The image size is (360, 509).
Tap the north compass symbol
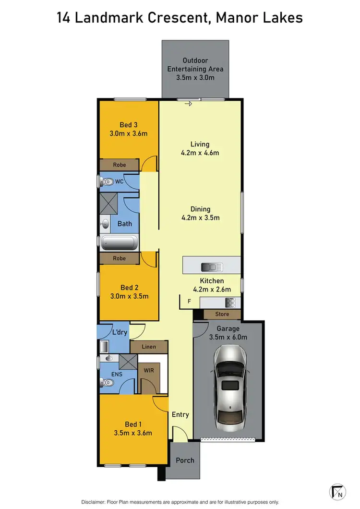pyautogui.click(x=338, y=491)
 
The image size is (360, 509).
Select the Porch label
pyautogui.click(x=185, y=460)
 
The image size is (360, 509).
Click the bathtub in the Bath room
pyautogui.click(x=119, y=242)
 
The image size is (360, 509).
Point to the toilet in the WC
pyautogui.click(x=108, y=182)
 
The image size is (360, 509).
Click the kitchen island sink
pyautogui.click(x=211, y=267)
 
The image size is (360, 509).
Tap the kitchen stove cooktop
pyautogui.click(x=230, y=303)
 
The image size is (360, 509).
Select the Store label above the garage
pyautogui.click(x=222, y=315)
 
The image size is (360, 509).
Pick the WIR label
pyautogui.click(x=149, y=371)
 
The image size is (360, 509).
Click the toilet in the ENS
pyautogui.click(x=108, y=383)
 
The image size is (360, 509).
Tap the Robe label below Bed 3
pyautogui.click(x=120, y=165)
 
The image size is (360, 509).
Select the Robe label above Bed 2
pyautogui.click(x=120, y=258)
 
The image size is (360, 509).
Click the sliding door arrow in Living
pyautogui.click(x=189, y=104)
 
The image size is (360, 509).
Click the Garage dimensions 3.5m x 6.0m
pyautogui.click(x=228, y=337)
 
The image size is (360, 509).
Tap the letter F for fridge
pyautogui.click(x=189, y=302)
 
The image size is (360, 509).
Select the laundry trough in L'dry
pyautogui.click(x=104, y=346)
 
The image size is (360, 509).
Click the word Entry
pyautogui.click(x=180, y=414)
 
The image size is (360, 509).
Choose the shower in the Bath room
pyautogui.click(x=108, y=203)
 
